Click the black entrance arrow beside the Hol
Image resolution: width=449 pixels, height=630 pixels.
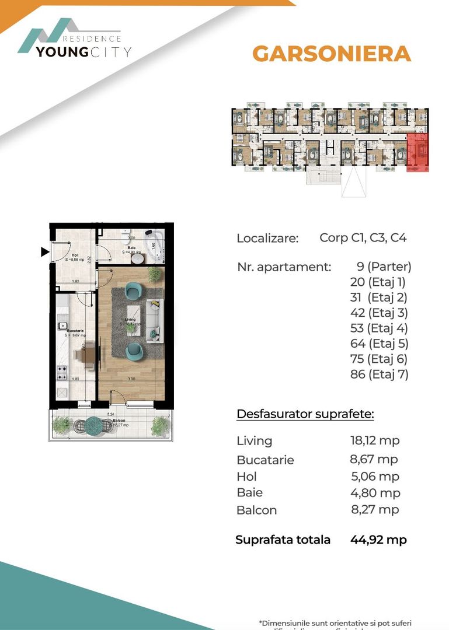(x=44, y=252)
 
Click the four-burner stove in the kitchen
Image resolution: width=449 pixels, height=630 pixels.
(x=61, y=373)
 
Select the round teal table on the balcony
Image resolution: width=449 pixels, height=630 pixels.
(x=93, y=425)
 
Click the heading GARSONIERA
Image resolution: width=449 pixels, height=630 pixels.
(x=332, y=54)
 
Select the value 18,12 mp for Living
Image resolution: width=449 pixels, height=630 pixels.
(x=374, y=441)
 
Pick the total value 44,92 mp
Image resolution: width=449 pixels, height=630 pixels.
(x=379, y=540)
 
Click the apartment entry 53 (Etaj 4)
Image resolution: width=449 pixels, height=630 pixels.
(x=378, y=328)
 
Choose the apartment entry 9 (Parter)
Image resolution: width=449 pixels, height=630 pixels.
(x=384, y=267)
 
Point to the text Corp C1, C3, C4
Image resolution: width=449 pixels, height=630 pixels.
(x=363, y=238)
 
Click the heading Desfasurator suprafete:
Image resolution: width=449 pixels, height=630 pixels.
(x=305, y=415)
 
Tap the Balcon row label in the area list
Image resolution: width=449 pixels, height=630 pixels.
(x=256, y=510)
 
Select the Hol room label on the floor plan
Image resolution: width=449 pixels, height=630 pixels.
(x=75, y=255)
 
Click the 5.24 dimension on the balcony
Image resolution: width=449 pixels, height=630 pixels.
(x=110, y=415)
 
